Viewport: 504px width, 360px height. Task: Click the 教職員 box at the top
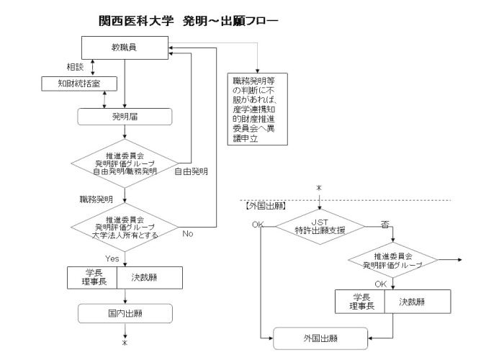tap(125, 48)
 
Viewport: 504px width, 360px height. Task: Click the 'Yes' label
tap(111, 256)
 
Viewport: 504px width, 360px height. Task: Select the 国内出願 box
tap(125, 312)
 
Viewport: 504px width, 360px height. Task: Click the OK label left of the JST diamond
tap(258, 225)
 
